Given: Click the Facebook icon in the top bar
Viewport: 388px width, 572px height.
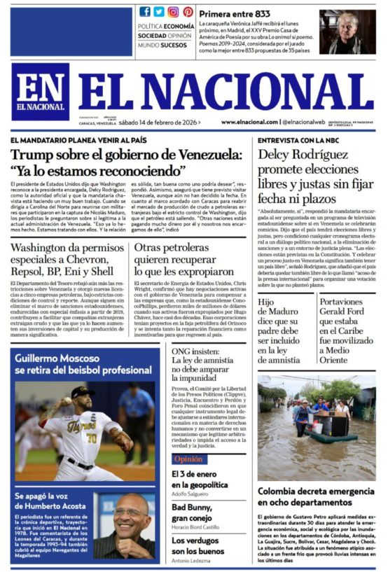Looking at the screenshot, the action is coord(145,12).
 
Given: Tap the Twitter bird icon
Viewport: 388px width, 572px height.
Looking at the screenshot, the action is coord(159,12).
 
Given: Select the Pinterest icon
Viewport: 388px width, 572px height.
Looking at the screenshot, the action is coord(188,12).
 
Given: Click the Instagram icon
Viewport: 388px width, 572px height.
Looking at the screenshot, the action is coord(173,12).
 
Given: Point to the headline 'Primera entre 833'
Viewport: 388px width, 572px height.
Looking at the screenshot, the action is coord(233,13).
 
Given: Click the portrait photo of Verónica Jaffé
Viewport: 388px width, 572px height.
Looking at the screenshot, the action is coord(347,32).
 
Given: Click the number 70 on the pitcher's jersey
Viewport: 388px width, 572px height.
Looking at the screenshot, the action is coord(92,440).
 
